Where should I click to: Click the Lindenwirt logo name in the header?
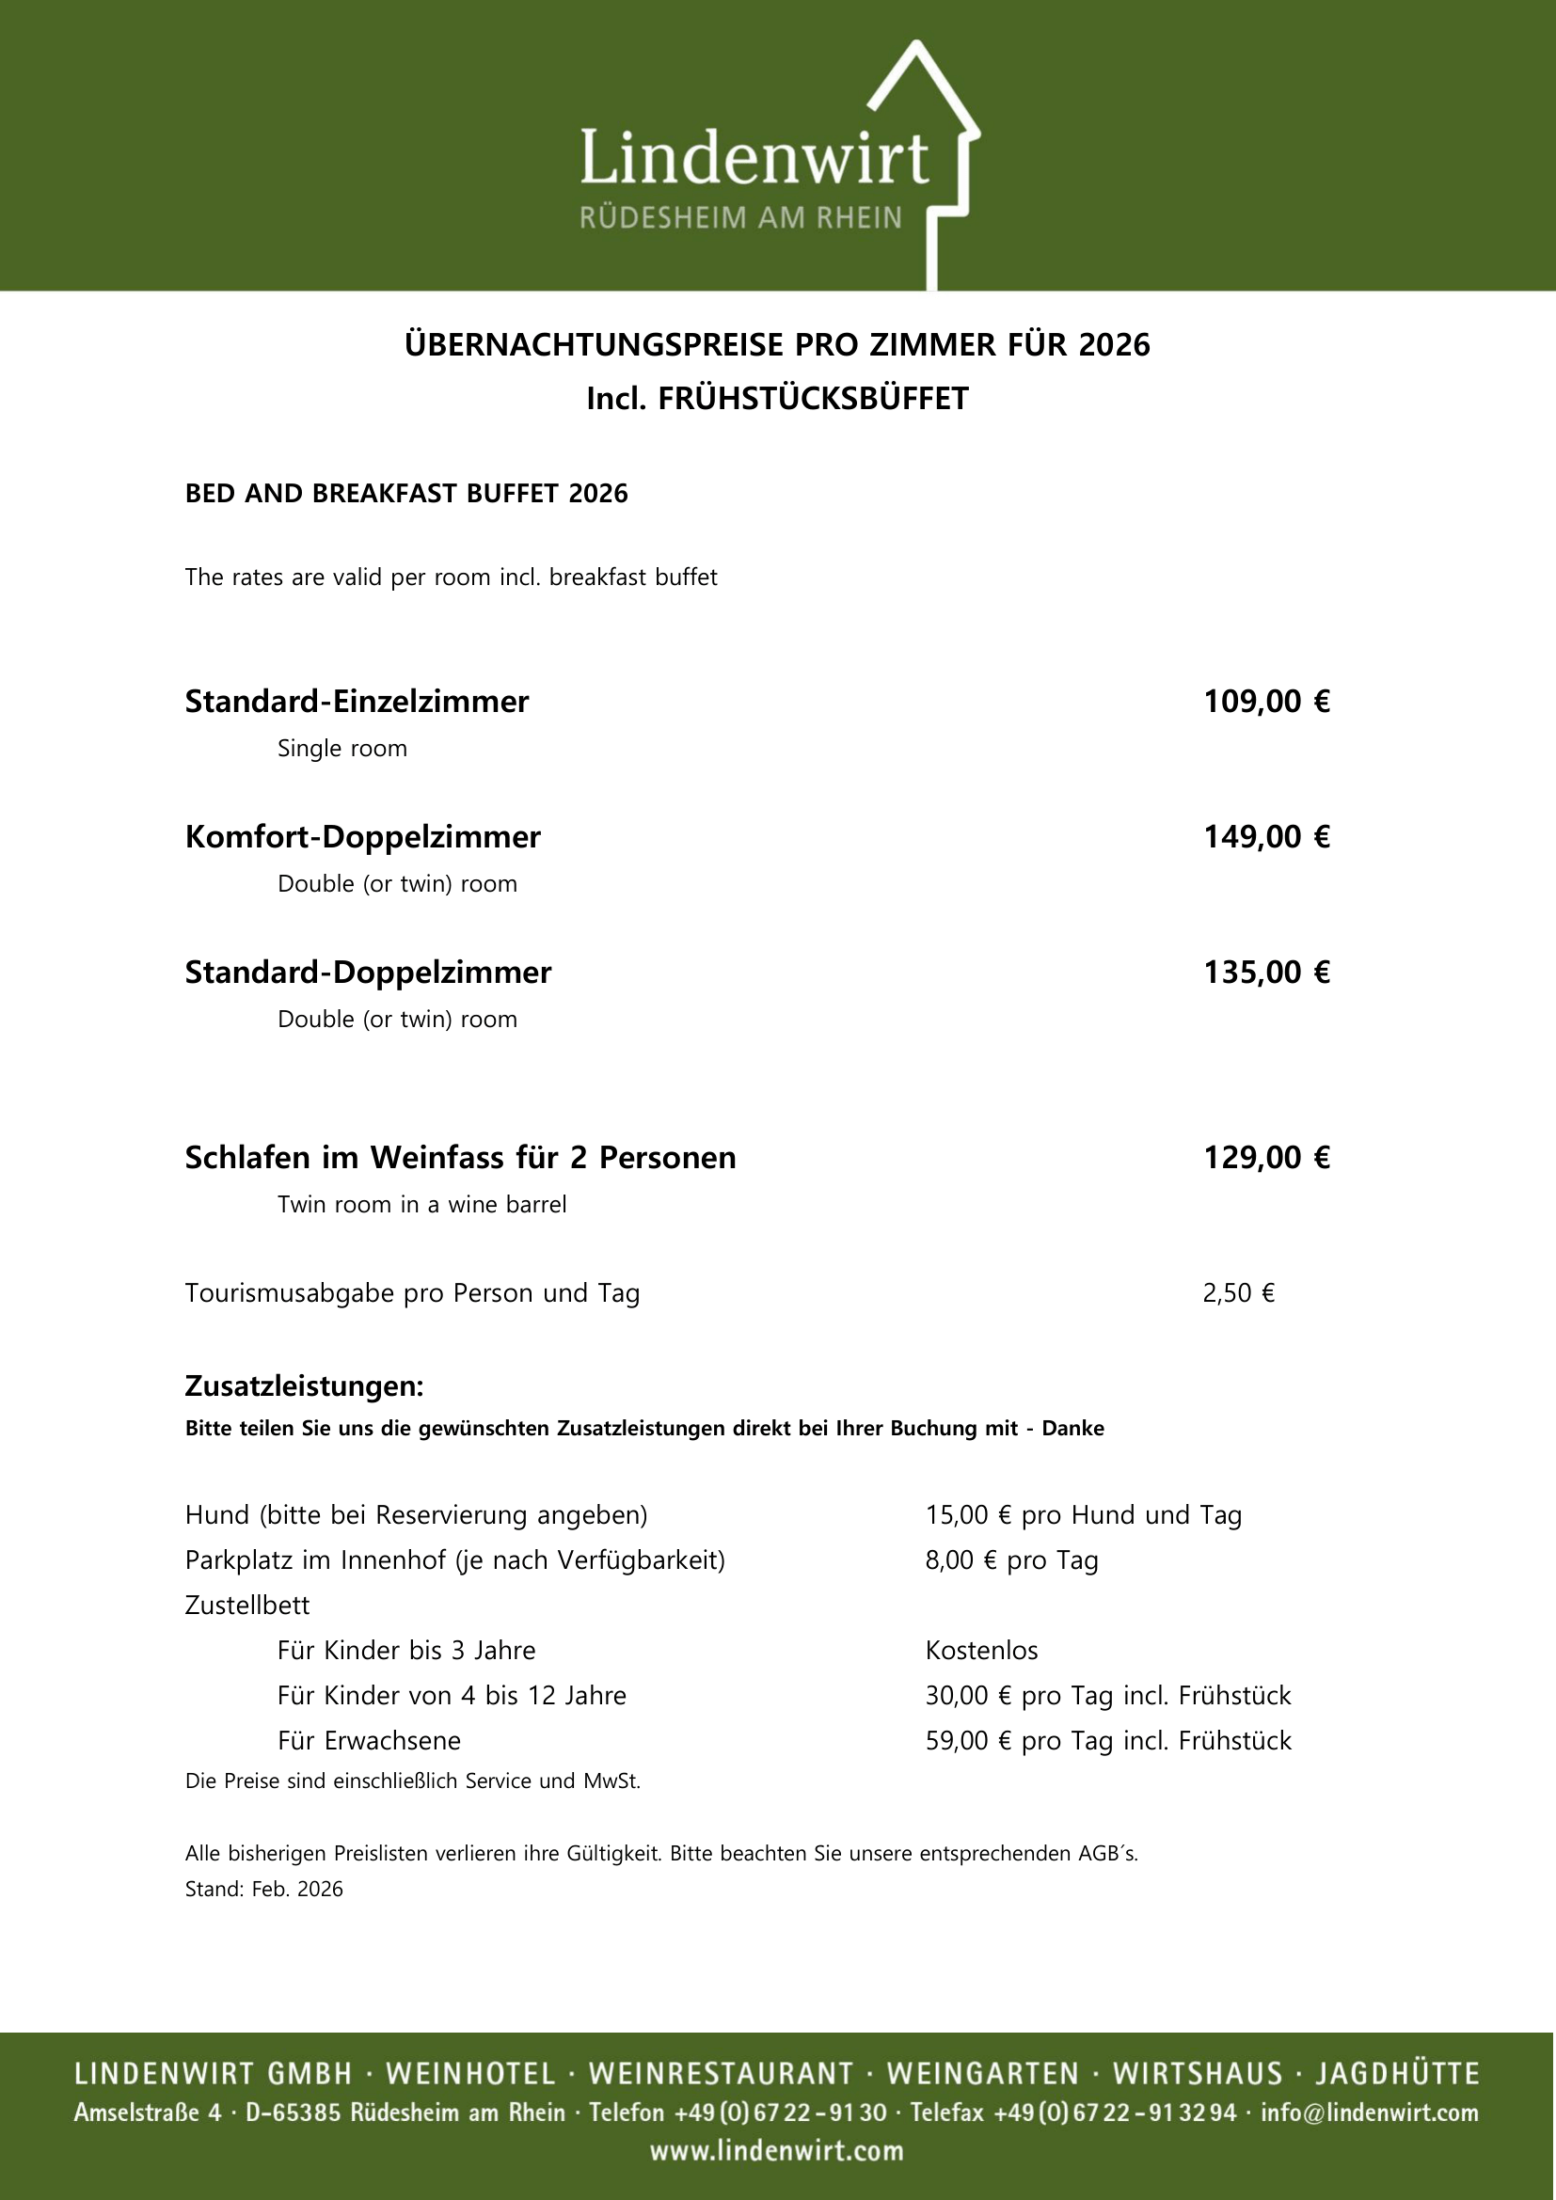click(754, 158)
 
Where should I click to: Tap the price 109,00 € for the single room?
click(1265, 702)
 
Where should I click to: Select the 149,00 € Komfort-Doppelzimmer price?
click(1265, 836)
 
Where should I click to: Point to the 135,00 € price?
click(1265, 973)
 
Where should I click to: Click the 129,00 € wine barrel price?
click(1265, 1158)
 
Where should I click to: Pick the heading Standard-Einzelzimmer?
click(357, 702)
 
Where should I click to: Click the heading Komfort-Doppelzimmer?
click(362, 836)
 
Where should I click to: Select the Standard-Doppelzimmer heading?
click(368, 973)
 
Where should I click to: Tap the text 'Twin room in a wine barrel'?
click(421, 1205)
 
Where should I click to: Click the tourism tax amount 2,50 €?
click(1238, 1293)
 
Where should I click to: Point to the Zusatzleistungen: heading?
click(304, 1386)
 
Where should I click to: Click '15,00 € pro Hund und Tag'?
click(1083, 1515)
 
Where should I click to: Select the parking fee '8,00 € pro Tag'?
click(1010, 1559)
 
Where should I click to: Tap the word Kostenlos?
click(981, 1650)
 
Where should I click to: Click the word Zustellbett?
click(247, 1605)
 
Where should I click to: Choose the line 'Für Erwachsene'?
click(369, 1740)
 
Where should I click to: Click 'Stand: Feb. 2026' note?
click(263, 1889)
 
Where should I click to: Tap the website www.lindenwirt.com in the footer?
click(777, 2151)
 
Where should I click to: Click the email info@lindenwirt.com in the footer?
click(1369, 2113)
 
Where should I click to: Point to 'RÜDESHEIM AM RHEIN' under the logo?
click(740, 218)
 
